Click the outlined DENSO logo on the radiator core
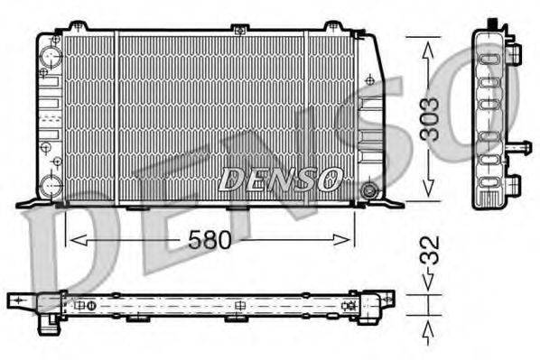pyautogui.click(x=281, y=180)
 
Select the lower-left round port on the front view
pyautogui.click(x=51, y=187)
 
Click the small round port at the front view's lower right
pyautogui.click(x=368, y=191)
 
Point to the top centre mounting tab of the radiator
pyautogui.click(x=239, y=30)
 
